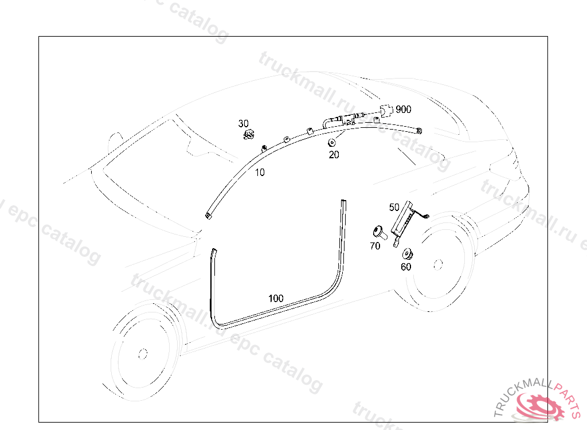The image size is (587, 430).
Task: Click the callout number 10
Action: tap(260, 172)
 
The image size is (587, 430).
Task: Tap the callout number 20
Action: tap(334, 154)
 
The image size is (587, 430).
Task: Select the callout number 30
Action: tap(244, 123)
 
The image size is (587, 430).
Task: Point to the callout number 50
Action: tap(394, 207)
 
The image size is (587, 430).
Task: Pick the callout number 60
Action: tap(406, 267)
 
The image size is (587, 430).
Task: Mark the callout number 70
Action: tap(375, 246)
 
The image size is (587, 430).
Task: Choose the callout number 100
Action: tap(276, 298)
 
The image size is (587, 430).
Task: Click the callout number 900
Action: tap(403, 110)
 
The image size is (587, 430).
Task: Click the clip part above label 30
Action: tap(249, 135)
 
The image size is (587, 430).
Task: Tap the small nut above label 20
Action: tap(331, 142)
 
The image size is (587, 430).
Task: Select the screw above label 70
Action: tap(378, 232)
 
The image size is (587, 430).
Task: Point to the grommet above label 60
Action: tap(408, 253)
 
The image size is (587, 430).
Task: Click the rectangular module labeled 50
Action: tap(405, 218)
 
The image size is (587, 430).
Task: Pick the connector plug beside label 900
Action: tap(388, 110)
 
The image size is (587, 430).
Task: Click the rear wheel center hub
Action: tap(439, 264)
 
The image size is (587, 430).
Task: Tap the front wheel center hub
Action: tap(141, 353)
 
